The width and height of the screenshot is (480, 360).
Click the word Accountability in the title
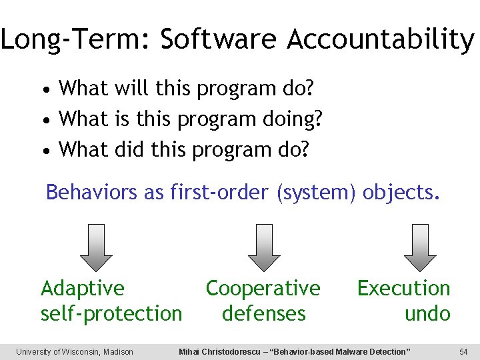coord(381,40)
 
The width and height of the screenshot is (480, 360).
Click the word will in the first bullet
coord(132,88)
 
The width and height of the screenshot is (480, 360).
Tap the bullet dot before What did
coord(45,151)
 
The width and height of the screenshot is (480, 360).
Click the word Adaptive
coord(83,289)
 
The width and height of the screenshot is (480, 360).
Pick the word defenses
coord(263,313)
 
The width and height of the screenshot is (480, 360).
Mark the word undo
coord(427,313)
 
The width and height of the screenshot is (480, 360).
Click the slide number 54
coord(464,351)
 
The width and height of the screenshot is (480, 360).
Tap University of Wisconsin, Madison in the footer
coord(75,351)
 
